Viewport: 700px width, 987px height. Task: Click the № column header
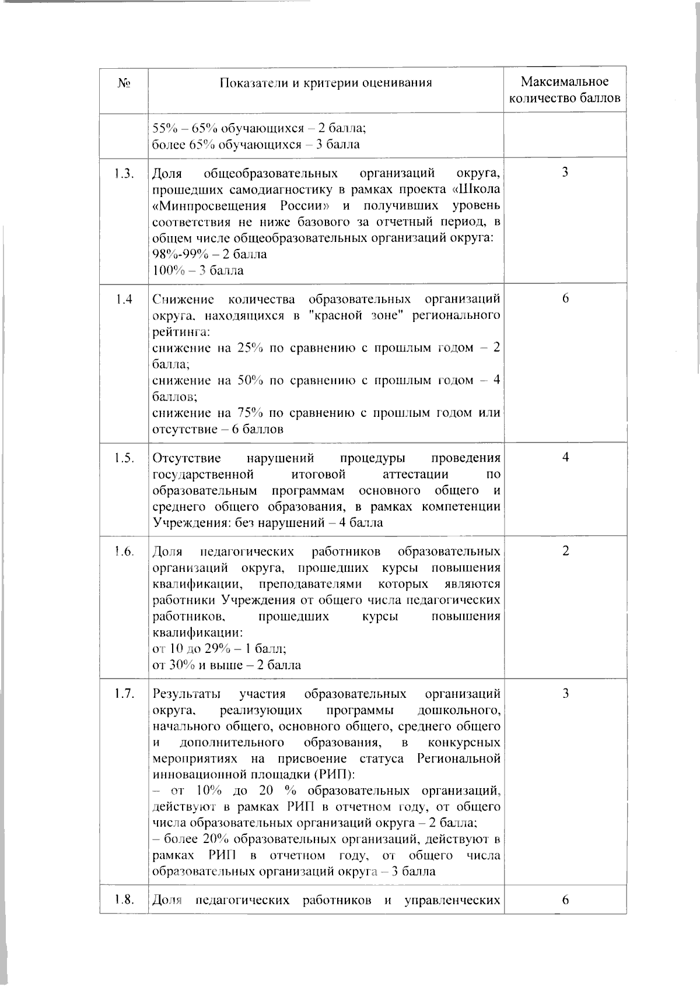124,83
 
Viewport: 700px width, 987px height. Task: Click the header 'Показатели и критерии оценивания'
326,83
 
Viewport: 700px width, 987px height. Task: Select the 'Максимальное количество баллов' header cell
565,90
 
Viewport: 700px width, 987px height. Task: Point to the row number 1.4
124,299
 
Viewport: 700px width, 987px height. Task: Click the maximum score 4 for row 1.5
565,458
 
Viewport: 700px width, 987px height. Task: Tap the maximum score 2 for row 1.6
565,552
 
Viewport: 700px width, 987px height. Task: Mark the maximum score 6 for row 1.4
565,299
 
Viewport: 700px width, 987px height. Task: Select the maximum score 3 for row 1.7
565,694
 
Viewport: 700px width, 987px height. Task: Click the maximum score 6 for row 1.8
565,900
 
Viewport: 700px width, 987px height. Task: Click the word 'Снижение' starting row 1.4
183,300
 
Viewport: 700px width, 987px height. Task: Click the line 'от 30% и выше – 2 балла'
226,665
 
